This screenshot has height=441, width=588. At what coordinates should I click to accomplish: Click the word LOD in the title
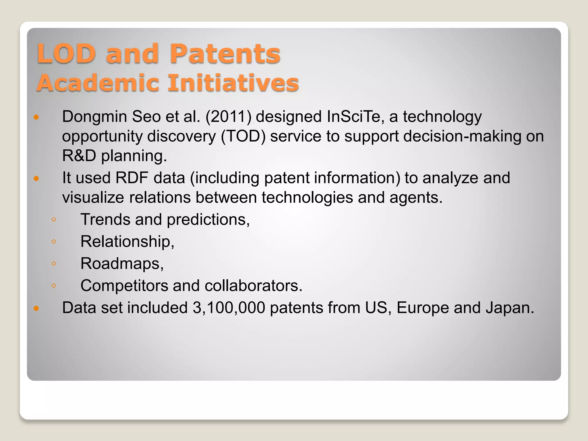pyautogui.click(x=66, y=54)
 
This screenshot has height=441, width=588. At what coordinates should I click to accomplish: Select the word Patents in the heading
pyautogui.click(x=225, y=54)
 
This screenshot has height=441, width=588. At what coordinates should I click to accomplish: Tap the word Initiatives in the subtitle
pyautogui.click(x=233, y=83)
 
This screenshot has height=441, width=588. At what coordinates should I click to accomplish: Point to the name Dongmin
pyautogui.click(x=94, y=117)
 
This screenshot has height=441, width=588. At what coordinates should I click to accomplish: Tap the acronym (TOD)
pyautogui.click(x=243, y=136)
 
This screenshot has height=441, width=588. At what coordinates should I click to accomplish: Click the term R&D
pyautogui.click(x=79, y=156)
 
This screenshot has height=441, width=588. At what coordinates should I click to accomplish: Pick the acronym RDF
pyautogui.click(x=132, y=178)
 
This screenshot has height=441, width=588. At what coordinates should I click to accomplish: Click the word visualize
pyautogui.click(x=93, y=198)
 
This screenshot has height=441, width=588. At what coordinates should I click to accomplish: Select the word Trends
pyautogui.click(x=105, y=220)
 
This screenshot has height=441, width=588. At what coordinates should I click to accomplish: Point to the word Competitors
pyautogui.click(x=124, y=286)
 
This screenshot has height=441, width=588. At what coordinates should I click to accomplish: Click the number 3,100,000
pyautogui.click(x=229, y=308)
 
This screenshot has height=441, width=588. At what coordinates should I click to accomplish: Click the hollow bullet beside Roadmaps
pyautogui.click(x=54, y=264)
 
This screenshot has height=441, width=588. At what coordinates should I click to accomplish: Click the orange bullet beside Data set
pyautogui.click(x=36, y=309)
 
